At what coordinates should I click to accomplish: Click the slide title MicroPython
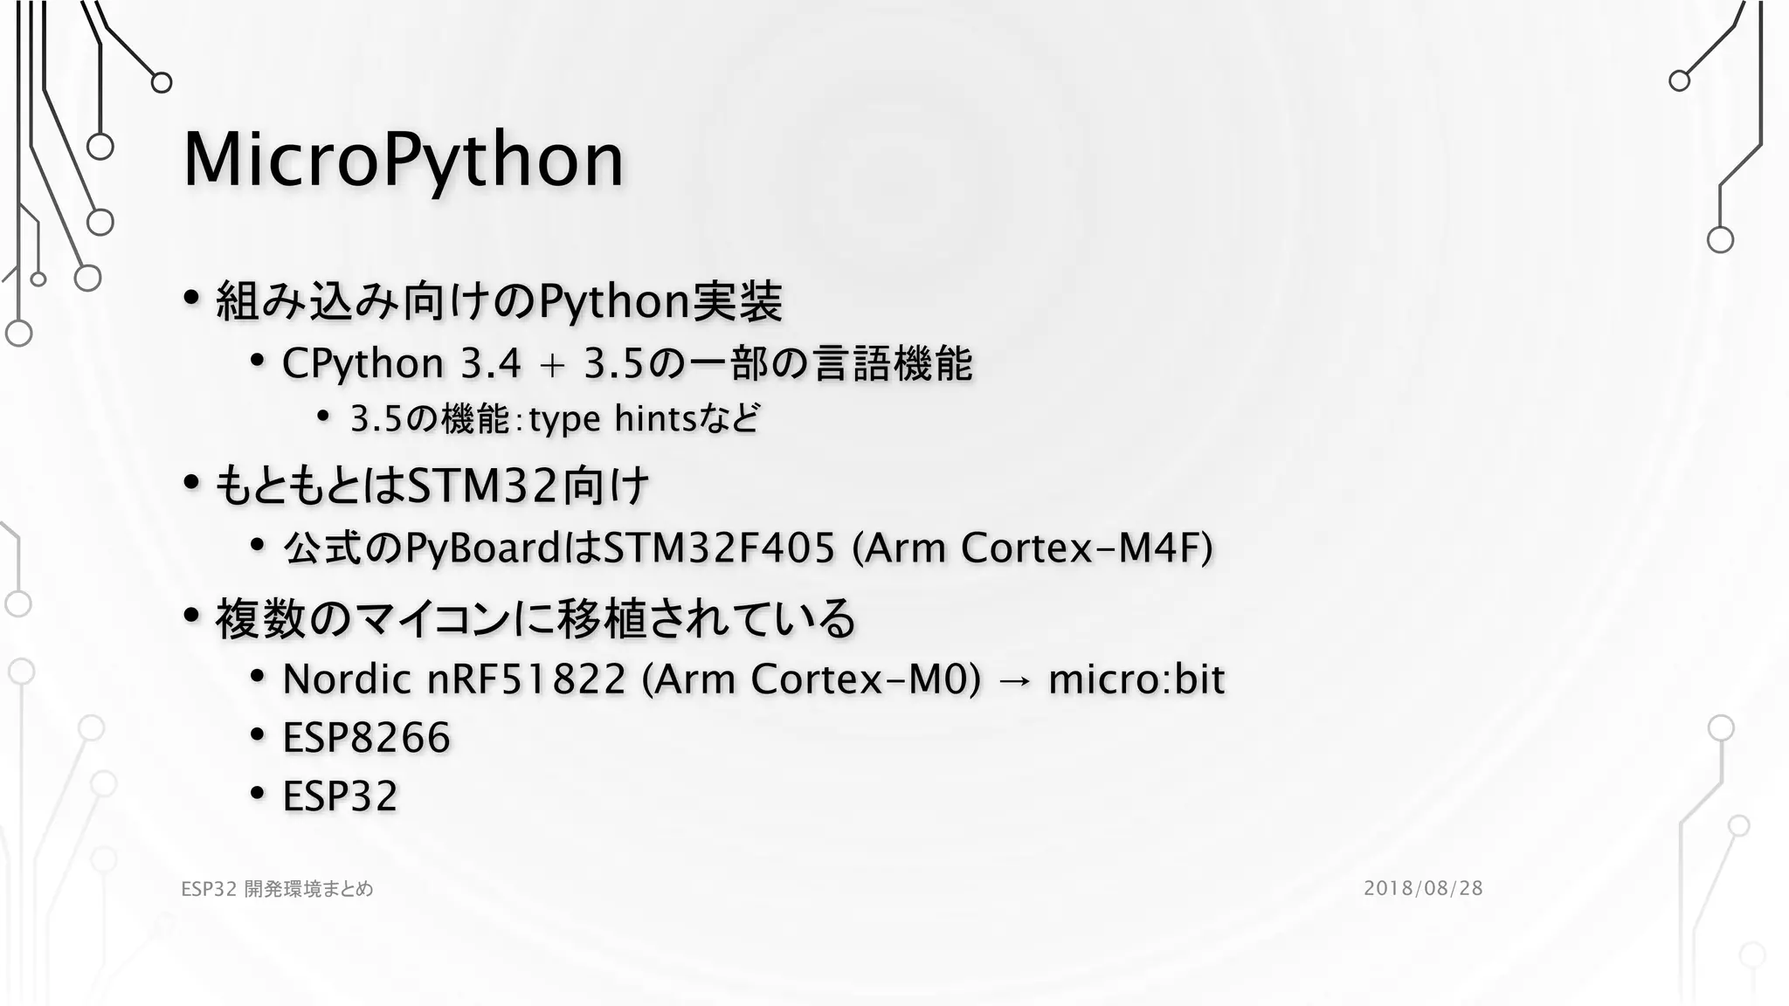tap(403, 161)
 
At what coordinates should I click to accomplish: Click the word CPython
tap(363, 363)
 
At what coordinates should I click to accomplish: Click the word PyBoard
tap(483, 548)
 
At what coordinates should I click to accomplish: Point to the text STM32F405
tap(719, 548)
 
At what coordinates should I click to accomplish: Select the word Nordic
tap(346, 679)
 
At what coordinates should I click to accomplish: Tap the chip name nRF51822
tap(526, 679)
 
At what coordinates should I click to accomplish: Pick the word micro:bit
tap(1136, 679)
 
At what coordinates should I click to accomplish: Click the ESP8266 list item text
tap(366, 738)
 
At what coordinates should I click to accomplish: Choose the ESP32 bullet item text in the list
tap(340, 796)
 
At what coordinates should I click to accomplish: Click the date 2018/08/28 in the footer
tap(1423, 888)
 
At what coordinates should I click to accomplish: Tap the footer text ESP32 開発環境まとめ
tap(277, 889)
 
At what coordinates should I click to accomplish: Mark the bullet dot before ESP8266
tap(257, 735)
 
